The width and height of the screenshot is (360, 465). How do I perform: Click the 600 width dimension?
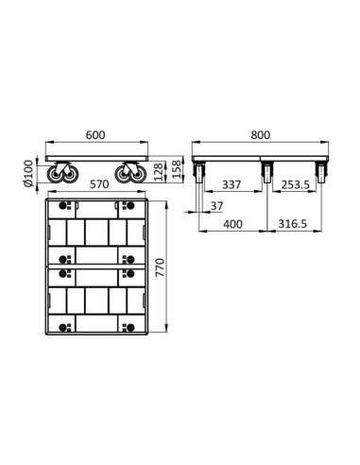94,135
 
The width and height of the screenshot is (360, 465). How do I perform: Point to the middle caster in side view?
267,173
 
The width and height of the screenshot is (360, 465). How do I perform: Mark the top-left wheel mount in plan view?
62,206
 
